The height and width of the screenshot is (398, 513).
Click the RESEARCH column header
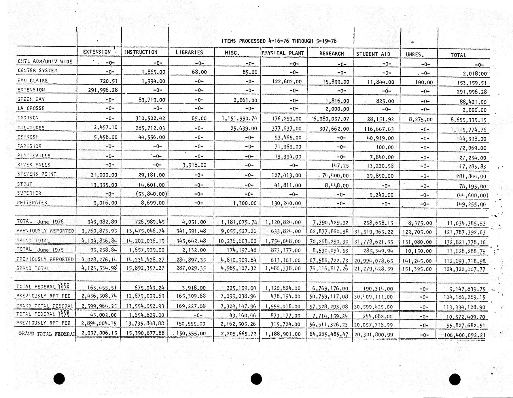point(331,54)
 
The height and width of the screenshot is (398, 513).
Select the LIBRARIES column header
point(189,52)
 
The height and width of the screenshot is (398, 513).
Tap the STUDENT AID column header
point(373,54)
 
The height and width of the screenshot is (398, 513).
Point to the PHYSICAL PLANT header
point(283,53)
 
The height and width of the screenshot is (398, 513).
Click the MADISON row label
point(28,118)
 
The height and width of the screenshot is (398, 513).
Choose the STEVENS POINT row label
point(37,174)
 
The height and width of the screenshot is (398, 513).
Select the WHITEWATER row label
point(32,202)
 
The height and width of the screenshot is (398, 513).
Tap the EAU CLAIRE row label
point(33,80)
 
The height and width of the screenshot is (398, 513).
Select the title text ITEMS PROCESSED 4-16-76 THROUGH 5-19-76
point(279,41)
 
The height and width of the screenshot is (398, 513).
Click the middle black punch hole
point(256,379)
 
